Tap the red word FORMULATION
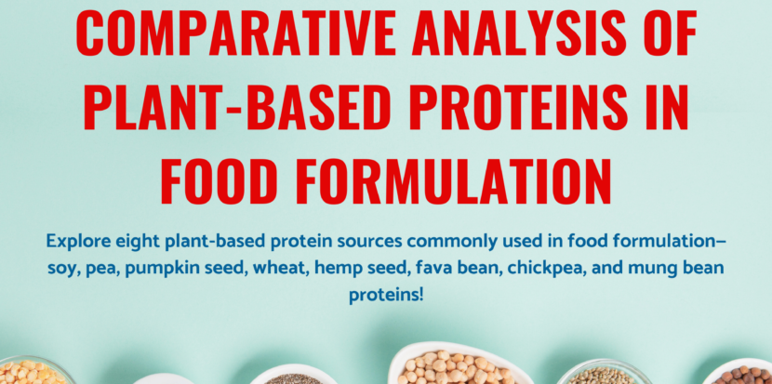point(459,180)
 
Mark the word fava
point(421,268)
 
